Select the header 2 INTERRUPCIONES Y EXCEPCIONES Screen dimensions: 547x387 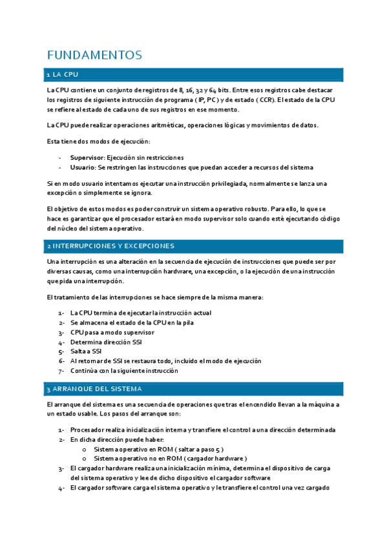(x=110, y=246)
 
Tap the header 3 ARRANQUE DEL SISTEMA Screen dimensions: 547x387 (x=94, y=390)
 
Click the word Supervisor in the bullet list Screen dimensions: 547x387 (x=86, y=157)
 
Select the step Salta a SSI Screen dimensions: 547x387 (x=87, y=352)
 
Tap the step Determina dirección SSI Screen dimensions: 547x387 (x=105, y=342)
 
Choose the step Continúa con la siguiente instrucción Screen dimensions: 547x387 (x=124, y=371)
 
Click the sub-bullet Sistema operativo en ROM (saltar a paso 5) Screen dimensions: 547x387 (x=158, y=449)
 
